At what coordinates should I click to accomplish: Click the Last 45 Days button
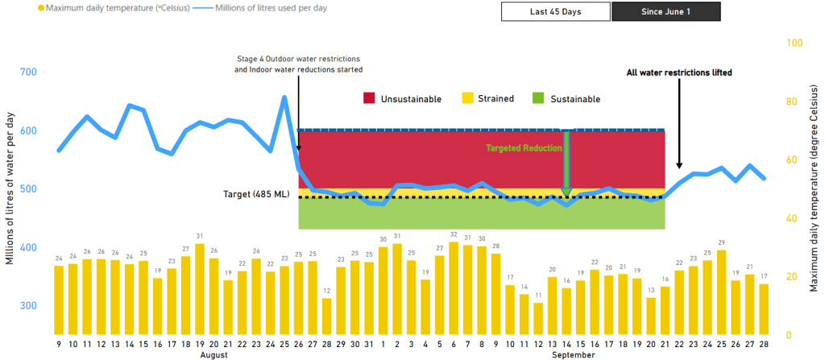556,13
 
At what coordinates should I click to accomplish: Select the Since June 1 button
666,13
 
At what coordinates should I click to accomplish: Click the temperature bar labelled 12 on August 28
326,316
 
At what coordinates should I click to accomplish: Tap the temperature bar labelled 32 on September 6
454,288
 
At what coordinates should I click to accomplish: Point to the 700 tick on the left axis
27,72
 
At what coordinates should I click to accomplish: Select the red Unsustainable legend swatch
370,98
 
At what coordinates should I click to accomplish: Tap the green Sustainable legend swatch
539,98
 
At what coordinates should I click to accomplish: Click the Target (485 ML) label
259,195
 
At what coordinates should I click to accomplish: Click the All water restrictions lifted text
679,72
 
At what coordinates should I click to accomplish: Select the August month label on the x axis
214,354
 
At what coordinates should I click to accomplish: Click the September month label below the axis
574,354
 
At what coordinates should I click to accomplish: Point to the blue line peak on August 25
284,97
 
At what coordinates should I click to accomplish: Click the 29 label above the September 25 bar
722,242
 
